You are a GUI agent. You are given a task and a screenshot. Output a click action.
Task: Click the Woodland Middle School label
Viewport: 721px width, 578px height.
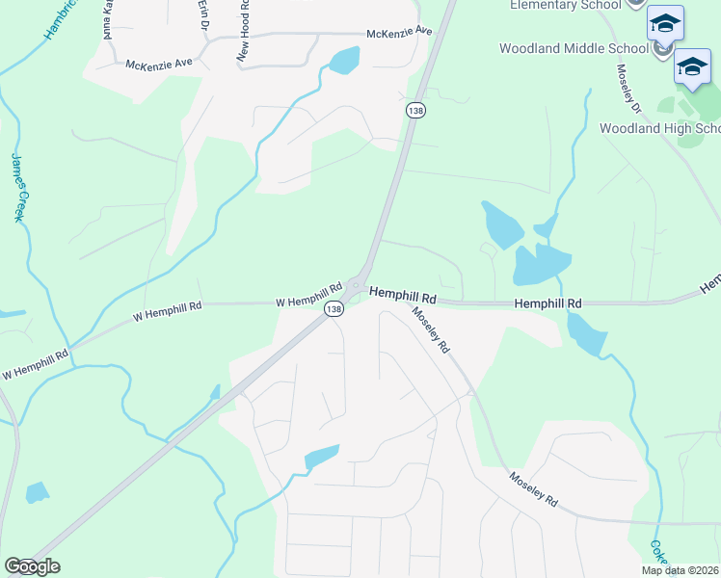pos(574,48)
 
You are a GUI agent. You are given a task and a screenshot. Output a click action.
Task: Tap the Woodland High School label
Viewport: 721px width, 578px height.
pos(659,128)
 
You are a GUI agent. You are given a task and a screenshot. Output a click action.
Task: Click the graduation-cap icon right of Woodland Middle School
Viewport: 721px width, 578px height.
pos(691,66)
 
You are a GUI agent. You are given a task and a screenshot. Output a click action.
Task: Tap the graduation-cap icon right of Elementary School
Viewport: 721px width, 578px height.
pos(664,23)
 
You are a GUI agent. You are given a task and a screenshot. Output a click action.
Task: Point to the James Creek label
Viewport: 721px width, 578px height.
pos(17,187)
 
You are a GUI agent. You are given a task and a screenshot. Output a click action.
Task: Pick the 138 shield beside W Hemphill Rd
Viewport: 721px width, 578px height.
pos(334,308)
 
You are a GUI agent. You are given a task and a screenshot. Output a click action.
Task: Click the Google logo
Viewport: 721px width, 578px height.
pos(31,566)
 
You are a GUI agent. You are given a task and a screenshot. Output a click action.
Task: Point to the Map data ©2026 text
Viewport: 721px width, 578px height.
pos(681,570)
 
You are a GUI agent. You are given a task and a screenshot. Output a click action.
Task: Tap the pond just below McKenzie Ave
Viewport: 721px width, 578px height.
pos(343,61)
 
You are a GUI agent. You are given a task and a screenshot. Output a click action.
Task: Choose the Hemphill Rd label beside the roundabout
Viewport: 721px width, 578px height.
pos(403,292)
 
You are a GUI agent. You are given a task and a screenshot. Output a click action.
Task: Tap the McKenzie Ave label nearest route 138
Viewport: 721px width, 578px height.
pos(399,33)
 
